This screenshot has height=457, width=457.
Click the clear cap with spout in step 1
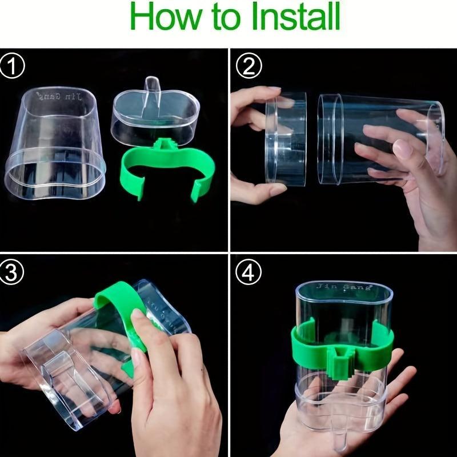pos(155,117)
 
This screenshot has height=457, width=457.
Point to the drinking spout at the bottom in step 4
pos(341,437)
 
